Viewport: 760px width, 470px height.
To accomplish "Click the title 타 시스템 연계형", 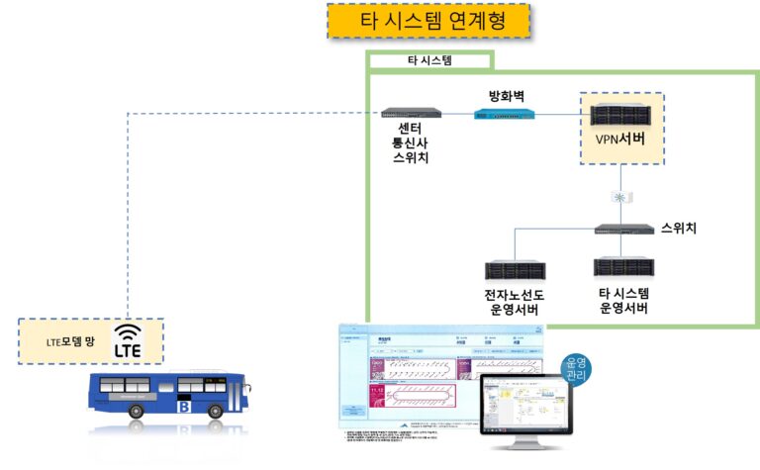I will (x=427, y=21).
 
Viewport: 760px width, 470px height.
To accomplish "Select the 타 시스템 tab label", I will (x=429, y=60).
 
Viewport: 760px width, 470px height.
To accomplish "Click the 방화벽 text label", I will (x=505, y=95).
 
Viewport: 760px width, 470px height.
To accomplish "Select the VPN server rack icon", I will (x=621, y=113).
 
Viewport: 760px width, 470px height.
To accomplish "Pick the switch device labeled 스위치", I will (x=623, y=229).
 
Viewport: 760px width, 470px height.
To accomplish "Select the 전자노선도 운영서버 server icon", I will (x=514, y=269).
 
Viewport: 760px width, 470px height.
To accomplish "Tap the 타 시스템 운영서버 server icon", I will (x=623, y=267).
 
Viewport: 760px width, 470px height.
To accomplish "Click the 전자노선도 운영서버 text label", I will (x=515, y=303).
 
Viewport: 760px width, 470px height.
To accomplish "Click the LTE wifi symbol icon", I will (x=128, y=340).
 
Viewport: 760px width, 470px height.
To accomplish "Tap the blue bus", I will (x=164, y=400).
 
